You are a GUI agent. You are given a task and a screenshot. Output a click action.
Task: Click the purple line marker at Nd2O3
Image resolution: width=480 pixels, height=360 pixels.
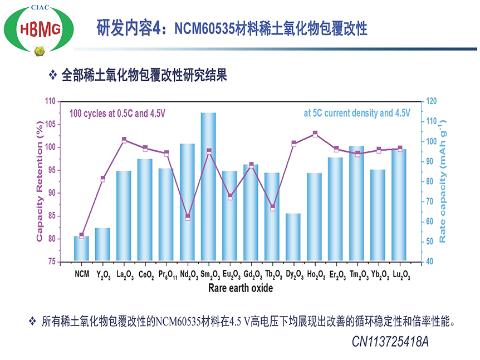pyautogui.click(x=188, y=217)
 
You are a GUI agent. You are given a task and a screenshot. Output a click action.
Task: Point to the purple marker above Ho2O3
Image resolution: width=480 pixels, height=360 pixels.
pyautogui.click(x=315, y=134)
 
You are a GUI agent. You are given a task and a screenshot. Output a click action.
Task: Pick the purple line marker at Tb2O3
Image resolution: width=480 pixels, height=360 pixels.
pyautogui.click(x=272, y=208)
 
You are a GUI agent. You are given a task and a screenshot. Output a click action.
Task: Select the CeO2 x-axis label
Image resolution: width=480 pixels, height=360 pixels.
pyautogui.click(x=145, y=274)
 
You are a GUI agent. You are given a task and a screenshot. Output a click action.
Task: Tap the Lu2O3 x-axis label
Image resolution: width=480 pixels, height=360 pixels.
pyautogui.click(x=401, y=274)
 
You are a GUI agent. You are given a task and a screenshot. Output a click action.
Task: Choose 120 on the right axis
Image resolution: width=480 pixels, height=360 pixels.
pyautogui.click(x=431, y=101)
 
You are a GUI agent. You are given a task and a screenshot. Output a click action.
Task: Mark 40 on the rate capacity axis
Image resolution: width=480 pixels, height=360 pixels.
pyautogui.click(x=429, y=262)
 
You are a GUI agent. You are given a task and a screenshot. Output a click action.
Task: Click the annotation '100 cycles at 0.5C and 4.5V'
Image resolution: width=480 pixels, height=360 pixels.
pyautogui.click(x=117, y=114)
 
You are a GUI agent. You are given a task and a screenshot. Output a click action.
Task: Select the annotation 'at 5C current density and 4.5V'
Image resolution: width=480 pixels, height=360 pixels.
pyautogui.click(x=356, y=114)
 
